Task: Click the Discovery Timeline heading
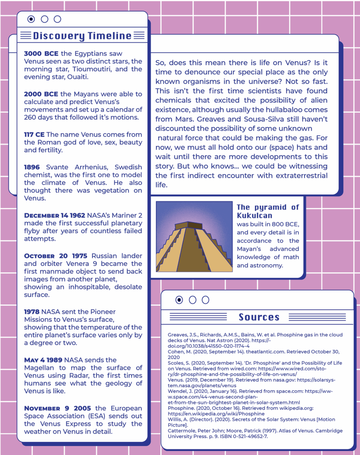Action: [x=82, y=36]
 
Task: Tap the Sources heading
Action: [x=259, y=317]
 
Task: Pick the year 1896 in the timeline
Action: [x=32, y=167]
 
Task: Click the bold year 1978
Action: [x=32, y=311]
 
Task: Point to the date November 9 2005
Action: [x=57, y=408]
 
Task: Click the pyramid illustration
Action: [x=194, y=236]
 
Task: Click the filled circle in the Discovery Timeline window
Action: [x=31, y=19]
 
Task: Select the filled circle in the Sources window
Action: [x=179, y=300]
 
